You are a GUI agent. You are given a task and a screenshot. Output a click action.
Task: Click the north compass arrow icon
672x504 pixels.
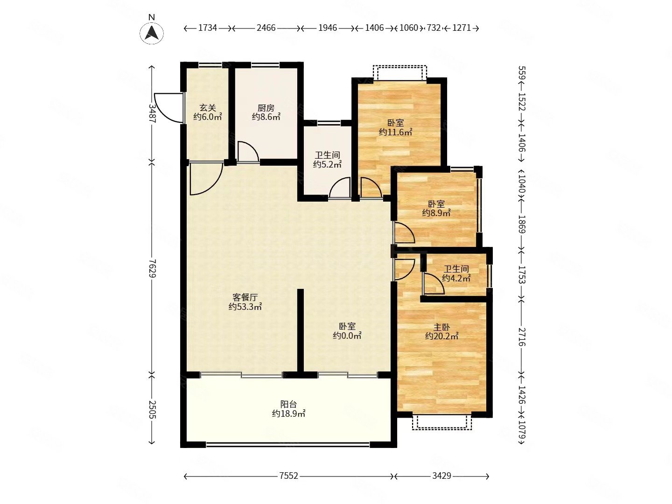[152, 33]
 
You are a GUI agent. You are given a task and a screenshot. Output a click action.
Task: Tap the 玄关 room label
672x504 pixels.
[208, 108]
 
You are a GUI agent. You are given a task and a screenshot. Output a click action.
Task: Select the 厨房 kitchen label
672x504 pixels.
[266, 108]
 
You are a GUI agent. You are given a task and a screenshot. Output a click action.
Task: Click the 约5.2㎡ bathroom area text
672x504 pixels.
[327, 164]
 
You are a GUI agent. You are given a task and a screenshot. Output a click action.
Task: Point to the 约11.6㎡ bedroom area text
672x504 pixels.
[396, 132]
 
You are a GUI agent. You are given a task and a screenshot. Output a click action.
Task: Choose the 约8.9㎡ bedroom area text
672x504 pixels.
[436, 213]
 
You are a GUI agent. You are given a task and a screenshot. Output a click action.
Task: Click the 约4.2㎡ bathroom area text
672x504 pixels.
[456, 278]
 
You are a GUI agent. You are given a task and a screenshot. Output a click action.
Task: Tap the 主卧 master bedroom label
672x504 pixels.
[441, 327]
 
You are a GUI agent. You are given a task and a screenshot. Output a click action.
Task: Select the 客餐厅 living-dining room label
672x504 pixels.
[245, 297]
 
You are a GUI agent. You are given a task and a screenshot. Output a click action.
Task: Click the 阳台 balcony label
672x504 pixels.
[288, 404]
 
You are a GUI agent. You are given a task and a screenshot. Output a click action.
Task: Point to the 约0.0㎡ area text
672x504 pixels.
[347, 336]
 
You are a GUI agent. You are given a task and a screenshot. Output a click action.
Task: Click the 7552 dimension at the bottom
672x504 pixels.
[288, 476]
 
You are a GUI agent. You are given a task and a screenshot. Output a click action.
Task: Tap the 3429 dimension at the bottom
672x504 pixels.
[442, 476]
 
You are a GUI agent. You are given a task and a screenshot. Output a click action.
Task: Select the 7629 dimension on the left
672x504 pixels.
[152, 268]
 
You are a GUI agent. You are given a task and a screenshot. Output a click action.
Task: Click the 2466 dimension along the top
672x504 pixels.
[266, 28]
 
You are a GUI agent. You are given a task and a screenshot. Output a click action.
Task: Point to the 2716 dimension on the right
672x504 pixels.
[522, 336]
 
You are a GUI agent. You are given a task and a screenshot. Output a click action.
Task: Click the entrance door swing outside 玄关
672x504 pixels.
[169, 108]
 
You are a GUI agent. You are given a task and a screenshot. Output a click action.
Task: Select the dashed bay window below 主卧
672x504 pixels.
[442, 423]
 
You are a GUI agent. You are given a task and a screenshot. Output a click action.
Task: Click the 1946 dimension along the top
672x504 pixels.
[328, 28]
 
